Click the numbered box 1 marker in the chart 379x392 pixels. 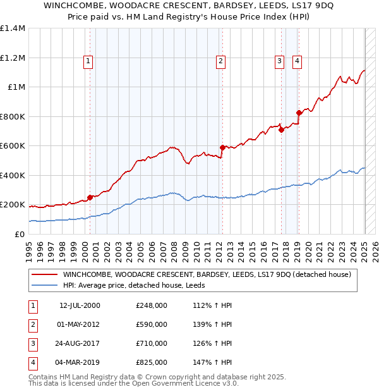[87, 61]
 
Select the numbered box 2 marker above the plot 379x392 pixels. [220, 61]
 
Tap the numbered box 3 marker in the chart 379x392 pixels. [279, 61]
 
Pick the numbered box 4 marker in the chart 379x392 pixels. [297, 61]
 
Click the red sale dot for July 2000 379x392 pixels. [90, 197]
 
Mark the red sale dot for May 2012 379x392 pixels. [222, 147]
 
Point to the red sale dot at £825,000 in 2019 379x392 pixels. [299, 113]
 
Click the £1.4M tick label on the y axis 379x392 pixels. [13, 28]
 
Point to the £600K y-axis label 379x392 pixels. [13, 145]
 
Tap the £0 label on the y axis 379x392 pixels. [19, 234]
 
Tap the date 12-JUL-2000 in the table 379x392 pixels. [80, 306]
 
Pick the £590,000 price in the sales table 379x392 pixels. [152, 325]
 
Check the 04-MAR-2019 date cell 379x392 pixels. [79, 363]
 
